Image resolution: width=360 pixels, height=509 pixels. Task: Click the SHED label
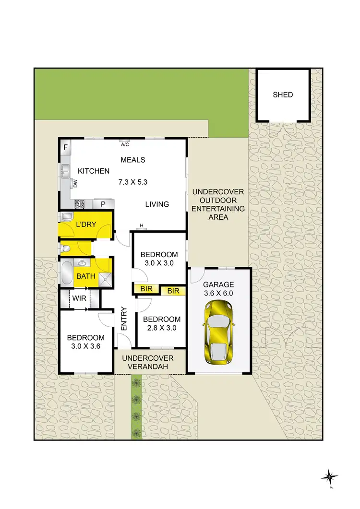[283, 95]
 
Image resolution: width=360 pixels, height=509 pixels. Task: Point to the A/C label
[125, 144]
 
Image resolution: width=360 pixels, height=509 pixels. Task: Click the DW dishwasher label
[75, 182]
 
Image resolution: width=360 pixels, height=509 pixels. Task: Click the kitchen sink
[64, 170]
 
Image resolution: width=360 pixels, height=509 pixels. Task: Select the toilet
[66, 248]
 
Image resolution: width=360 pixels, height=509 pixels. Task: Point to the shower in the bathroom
[105, 278]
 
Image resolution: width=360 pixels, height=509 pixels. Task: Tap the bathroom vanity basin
[83, 263]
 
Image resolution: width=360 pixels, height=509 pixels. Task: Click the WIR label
[79, 298]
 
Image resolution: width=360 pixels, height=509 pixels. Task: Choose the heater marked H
[142, 226]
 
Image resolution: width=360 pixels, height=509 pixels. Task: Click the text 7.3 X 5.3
[132, 182]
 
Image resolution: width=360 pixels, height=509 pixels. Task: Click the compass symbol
[330, 477]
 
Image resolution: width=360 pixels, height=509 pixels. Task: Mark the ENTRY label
[124, 319]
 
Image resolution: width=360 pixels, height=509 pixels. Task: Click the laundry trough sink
[66, 217]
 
